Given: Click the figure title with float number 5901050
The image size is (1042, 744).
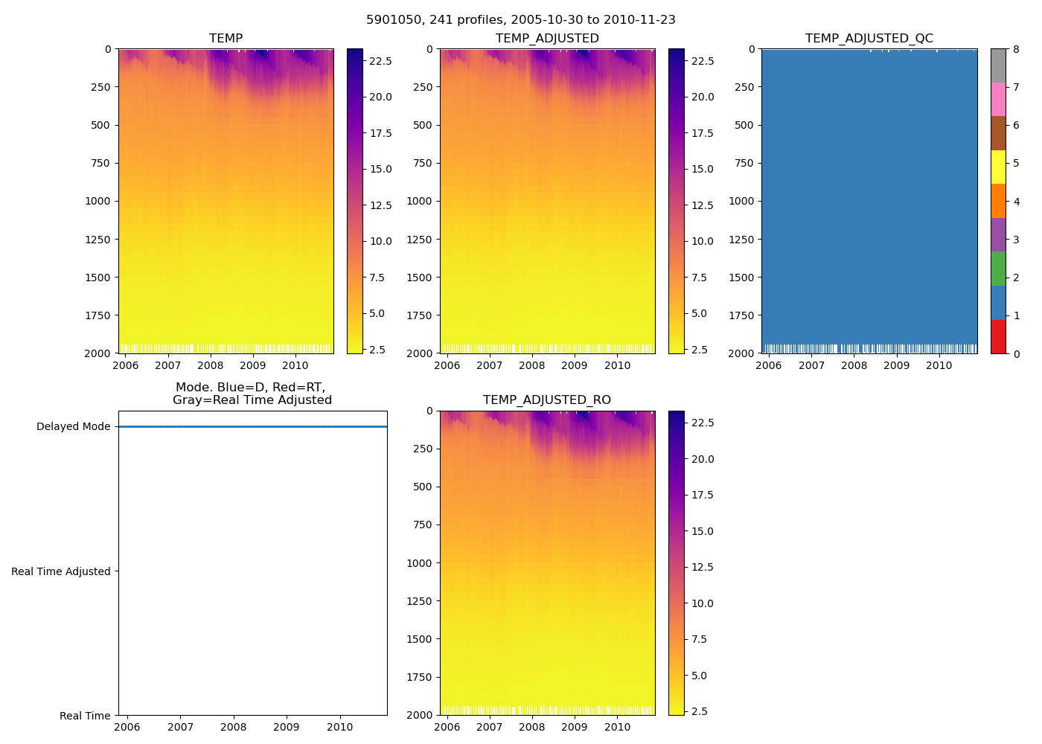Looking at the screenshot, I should tap(520, 20).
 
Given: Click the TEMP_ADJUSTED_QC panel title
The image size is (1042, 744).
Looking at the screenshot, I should tap(869, 39).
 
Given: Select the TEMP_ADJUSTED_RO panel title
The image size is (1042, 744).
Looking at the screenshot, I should tap(547, 400).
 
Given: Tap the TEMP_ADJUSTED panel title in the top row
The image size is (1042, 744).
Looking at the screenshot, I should tap(547, 39).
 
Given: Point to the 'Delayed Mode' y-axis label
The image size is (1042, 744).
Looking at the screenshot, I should tap(73, 427).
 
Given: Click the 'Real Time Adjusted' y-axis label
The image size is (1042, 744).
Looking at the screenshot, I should tap(60, 571).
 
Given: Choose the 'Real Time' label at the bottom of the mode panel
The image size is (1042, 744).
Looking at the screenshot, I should tap(85, 716).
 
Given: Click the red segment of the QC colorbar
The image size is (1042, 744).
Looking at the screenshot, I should tap(998, 336).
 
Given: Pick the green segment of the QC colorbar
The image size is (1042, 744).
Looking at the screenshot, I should tap(998, 269).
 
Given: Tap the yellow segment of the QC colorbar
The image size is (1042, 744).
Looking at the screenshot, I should tap(998, 167).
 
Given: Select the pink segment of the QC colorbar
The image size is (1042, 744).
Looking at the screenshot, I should tap(998, 100).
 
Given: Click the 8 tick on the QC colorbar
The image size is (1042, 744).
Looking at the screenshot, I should tap(1016, 50).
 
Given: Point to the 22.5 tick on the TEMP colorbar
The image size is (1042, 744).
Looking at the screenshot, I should tap(380, 61).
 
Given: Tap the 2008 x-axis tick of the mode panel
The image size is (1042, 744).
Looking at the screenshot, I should tap(234, 727).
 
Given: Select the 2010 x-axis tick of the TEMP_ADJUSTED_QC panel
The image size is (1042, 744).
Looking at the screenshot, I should tap(939, 365).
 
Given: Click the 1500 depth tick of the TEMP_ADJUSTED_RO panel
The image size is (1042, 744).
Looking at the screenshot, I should tap(422, 639).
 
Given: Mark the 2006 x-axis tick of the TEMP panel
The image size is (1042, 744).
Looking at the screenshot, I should tap(125, 365).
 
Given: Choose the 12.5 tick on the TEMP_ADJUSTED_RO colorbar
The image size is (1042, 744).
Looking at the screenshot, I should tap(702, 567).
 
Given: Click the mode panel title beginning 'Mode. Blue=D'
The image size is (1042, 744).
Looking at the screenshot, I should tap(252, 394).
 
